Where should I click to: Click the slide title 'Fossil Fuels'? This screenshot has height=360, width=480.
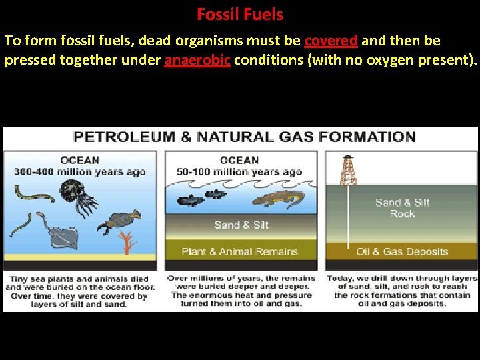(240, 14)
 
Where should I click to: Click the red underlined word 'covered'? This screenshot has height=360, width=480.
(331, 41)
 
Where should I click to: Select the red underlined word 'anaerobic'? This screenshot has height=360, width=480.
(197, 61)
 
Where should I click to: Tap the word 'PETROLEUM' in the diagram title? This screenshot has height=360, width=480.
(124, 137)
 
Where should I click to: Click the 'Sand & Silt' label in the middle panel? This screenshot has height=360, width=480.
(241, 225)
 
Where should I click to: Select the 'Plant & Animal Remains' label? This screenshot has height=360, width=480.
(240, 251)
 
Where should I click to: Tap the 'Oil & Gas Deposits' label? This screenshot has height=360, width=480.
(402, 252)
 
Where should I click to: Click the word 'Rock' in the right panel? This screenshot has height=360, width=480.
(402, 214)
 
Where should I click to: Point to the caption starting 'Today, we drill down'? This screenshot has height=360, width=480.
(401, 291)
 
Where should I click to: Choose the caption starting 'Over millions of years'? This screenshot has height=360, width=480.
(241, 291)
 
